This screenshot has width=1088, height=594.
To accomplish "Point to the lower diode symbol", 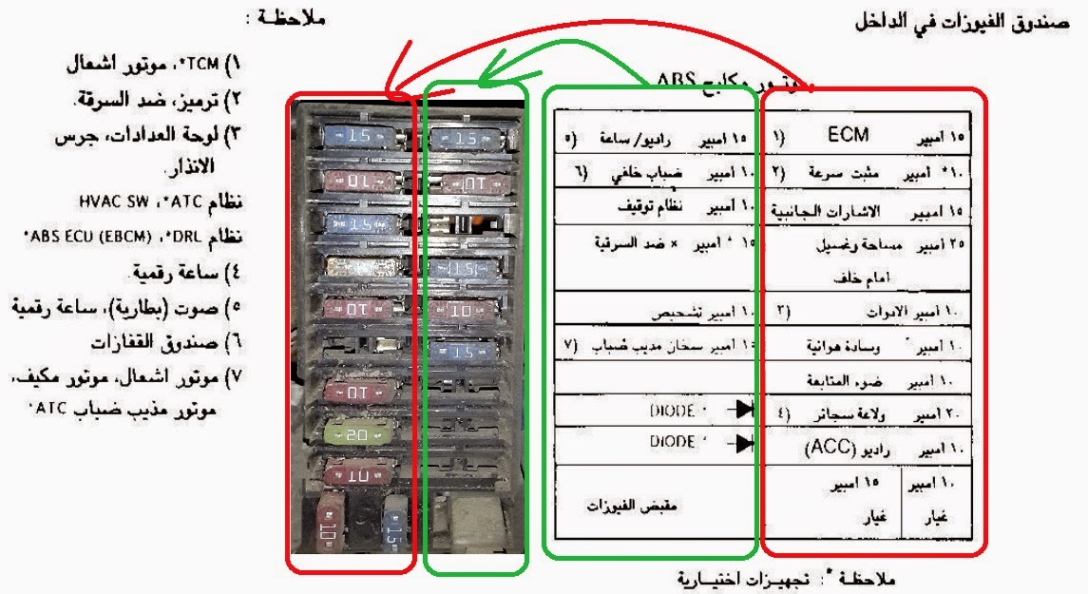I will click(737, 443).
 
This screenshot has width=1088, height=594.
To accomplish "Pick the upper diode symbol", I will click(737, 412).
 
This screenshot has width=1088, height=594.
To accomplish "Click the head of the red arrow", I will click(390, 91).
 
